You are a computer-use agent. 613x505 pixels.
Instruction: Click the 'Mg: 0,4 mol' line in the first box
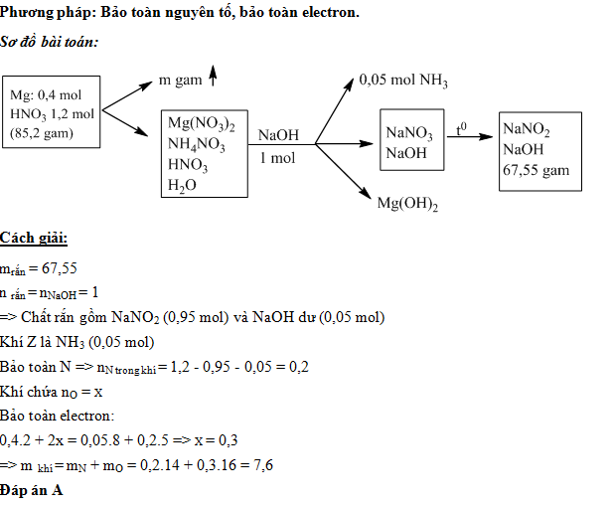tap(46, 95)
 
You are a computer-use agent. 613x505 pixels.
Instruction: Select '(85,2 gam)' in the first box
tap(42, 132)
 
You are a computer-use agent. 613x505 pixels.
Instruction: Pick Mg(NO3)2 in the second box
tap(202, 124)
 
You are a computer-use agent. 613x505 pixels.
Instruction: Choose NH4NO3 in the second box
tap(197, 145)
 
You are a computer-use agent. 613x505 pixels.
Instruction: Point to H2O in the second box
tap(183, 185)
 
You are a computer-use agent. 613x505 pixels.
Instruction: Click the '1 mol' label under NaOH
tap(277, 159)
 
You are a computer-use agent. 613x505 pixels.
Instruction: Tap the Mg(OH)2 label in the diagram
tap(407, 205)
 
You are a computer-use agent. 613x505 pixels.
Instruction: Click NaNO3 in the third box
tap(409, 133)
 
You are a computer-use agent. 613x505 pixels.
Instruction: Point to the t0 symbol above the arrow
tap(462, 129)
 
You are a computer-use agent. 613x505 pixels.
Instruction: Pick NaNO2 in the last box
tap(527, 129)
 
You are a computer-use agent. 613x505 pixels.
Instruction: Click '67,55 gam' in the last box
tap(536, 170)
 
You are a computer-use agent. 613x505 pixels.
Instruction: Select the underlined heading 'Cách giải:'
tap(34, 240)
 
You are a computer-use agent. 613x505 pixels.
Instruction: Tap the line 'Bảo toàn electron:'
tap(58, 416)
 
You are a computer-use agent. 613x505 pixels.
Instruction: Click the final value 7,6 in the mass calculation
tap(263, 466)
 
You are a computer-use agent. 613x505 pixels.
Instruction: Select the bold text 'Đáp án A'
tap(32, 491)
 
